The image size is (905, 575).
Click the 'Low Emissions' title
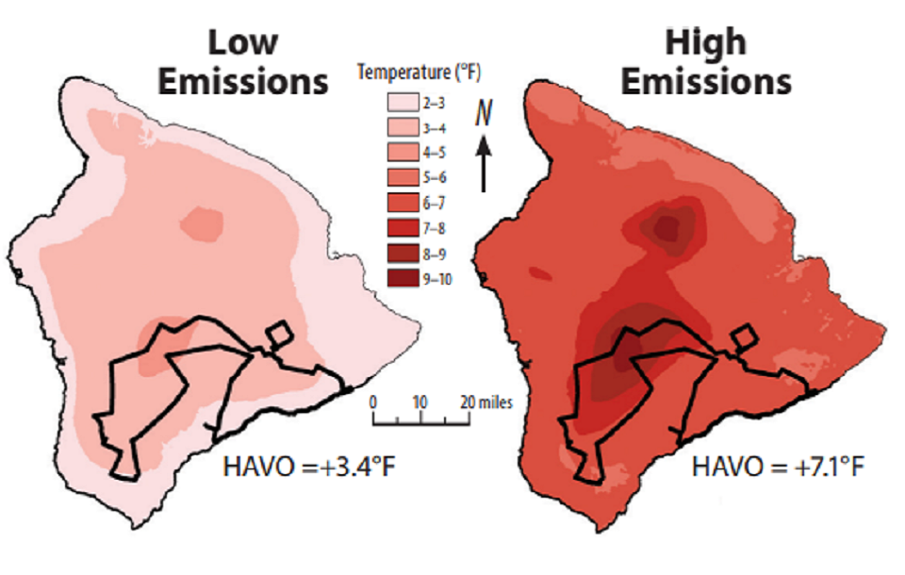coord(242,62)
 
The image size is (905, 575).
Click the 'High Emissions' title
coord(704,62)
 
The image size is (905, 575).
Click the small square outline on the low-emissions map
coord(279,335)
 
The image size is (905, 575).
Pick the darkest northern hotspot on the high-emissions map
coord(667,227)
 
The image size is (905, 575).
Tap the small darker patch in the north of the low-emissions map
coord(202,222)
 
